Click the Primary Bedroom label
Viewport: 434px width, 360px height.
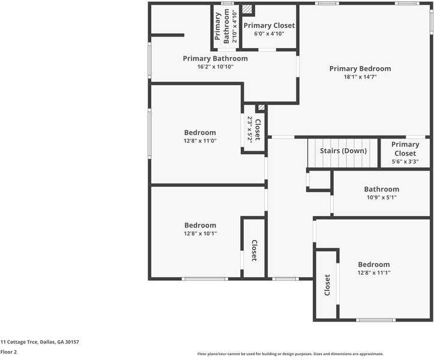click(x=360, y=68)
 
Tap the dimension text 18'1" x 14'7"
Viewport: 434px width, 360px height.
click(x=360, y=77)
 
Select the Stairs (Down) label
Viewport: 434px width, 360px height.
click(x=343, y=151)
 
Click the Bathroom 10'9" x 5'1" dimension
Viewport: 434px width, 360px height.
click(x=381, y=197)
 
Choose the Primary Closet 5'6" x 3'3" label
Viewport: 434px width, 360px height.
click(x=405, y=153)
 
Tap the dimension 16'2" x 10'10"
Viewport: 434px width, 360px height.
click(x=215, y=67)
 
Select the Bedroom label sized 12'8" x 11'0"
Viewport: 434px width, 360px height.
click(x=200, y=133)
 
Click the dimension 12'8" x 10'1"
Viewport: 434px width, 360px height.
click(x=200, y=233)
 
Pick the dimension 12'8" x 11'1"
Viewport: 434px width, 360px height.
click(x=374, y=272)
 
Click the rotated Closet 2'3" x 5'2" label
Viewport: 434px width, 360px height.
click(x=254, y=129)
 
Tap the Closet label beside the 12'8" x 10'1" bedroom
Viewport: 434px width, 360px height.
click(x=254, y=250)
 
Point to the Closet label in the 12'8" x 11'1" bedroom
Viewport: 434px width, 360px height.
click(x=327, y=285)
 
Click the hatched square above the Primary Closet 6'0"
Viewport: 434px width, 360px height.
click(x=247, y=10)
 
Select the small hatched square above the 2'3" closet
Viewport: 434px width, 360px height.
click(x=261, y=108)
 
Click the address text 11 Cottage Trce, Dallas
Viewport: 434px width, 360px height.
click(x=40, y=342)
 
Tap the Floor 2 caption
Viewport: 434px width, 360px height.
click(x=8, y=352)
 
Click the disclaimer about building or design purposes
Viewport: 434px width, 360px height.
click(x=290, y=354)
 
